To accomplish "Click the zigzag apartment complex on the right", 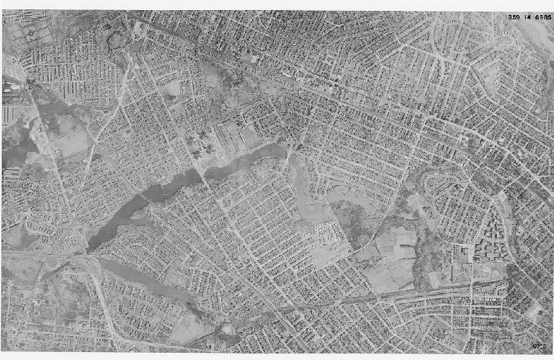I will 497,230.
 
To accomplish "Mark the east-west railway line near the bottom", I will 403,292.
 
